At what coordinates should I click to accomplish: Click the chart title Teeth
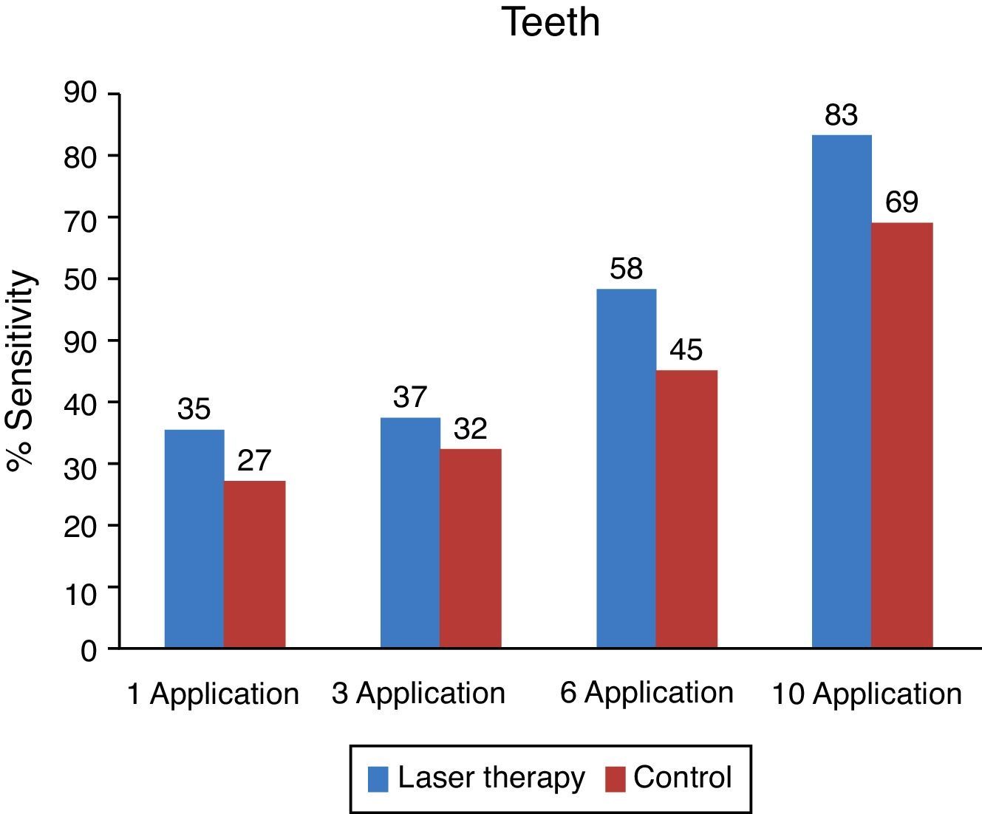(550, 21)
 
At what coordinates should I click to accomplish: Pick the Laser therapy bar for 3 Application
(410, 532)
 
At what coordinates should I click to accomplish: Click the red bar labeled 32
(471, 547)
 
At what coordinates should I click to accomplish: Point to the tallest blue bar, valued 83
(842, 391)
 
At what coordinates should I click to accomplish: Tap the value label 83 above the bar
(841, 115)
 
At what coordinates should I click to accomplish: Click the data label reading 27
(254, 461)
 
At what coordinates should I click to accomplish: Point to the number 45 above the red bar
(686, 350)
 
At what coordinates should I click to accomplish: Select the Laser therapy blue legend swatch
(378, 779)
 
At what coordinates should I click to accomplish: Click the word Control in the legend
(682, 778)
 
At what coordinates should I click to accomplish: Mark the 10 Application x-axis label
(867, 694)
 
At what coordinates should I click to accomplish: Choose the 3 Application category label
(418, 694)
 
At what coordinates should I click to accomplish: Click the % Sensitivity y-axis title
(21, 370)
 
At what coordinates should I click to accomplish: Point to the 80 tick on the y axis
(81, 157)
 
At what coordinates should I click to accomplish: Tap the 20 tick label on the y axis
(81, 526)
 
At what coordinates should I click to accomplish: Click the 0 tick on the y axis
(89, 651)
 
